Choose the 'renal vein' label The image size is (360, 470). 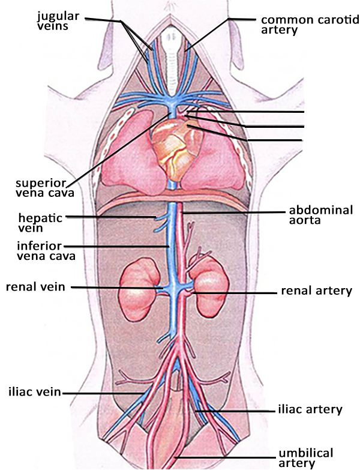point(35,286)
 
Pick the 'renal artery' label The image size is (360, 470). point(316,291)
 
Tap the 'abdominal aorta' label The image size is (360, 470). point(321,215)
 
